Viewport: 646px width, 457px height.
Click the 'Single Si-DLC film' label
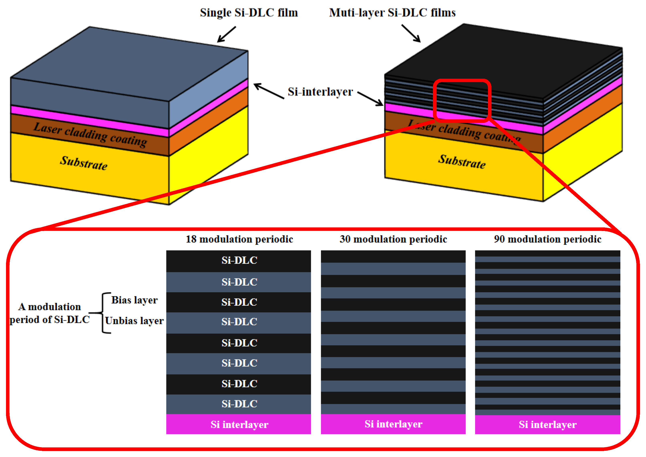(x=249, y=13)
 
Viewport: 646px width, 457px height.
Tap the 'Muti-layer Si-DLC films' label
(x=392, y=13)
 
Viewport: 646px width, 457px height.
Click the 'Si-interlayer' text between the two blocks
(x=320, y=92)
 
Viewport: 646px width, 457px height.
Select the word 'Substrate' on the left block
(x=84, y=163)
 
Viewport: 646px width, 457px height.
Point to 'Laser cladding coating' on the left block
(x=90, y=135)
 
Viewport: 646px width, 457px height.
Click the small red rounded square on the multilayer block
(x=462, y=100)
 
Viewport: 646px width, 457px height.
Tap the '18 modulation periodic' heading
(x=239, y=239)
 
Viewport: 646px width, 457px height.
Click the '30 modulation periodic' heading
(x=393, y=239)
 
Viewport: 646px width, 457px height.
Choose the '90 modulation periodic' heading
(x=547, y=239)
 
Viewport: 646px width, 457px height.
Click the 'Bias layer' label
(x=134, y=300)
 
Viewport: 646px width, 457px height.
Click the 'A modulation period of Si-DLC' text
(x=49, y=313)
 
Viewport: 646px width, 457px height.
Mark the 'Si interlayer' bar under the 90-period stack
(x=547, y=424)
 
